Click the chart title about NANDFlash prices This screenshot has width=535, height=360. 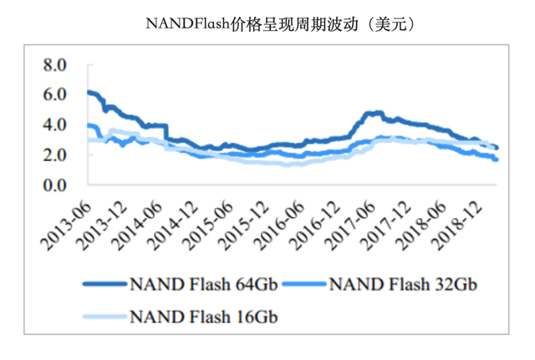click(280, 23)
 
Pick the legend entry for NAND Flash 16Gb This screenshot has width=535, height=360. click(197, 316)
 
